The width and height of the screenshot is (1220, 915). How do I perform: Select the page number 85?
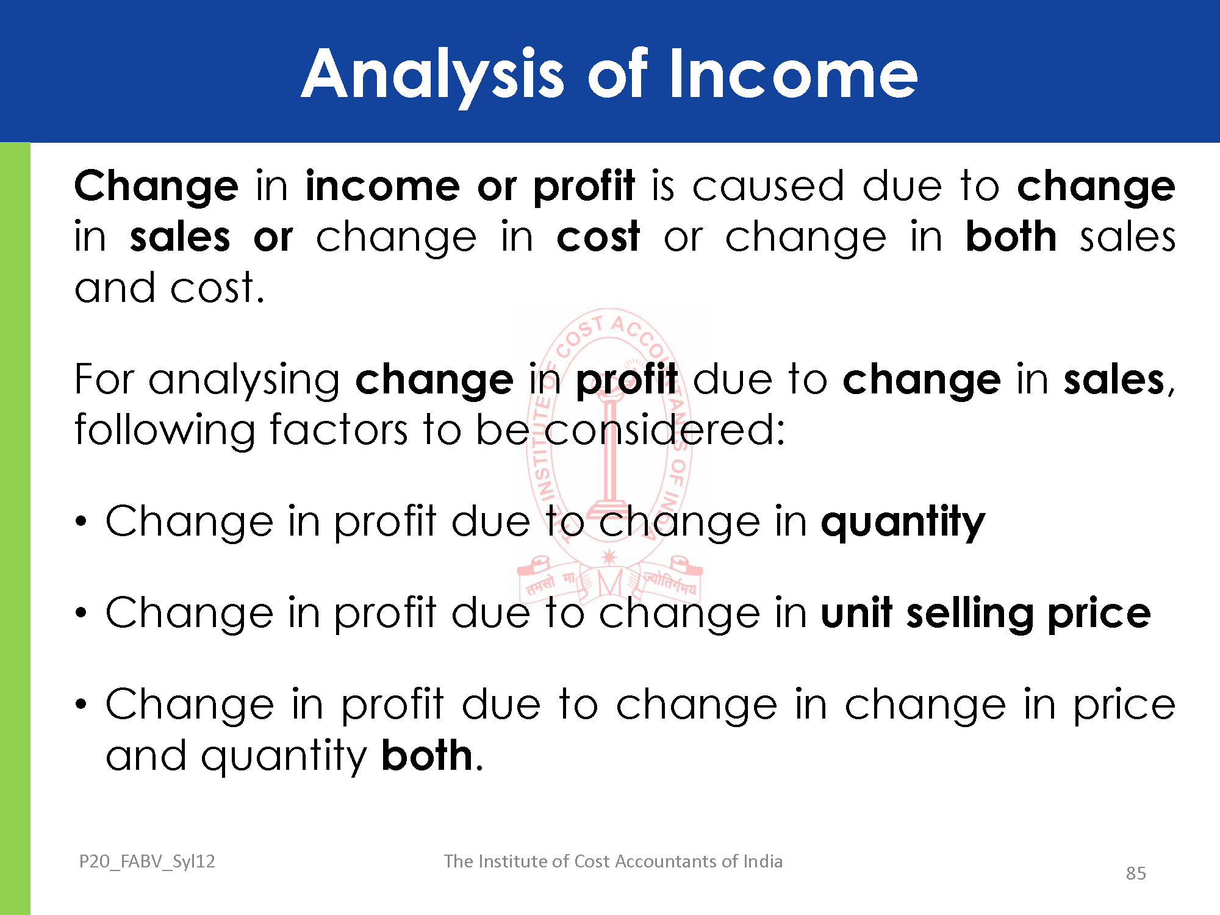point(1136,873)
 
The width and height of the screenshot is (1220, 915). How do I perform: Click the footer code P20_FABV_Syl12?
point(147,861)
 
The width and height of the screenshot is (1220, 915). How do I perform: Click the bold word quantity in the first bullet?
point(903,523)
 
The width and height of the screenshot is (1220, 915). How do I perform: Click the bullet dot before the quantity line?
point(81,522)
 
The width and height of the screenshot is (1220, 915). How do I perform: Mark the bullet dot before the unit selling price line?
point(81,613)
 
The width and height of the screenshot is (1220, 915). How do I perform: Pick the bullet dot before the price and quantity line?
point(81,705)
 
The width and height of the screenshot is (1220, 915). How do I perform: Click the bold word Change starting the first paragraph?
point(156,187)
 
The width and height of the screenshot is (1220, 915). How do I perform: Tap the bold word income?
point(382,185)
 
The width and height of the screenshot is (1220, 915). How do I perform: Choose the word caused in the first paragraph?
point(768,186)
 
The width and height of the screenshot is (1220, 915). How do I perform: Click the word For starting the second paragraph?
point(104,379)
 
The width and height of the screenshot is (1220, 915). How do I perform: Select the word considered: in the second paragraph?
point(664,430)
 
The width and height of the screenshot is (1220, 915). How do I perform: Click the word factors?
point(339,430)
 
